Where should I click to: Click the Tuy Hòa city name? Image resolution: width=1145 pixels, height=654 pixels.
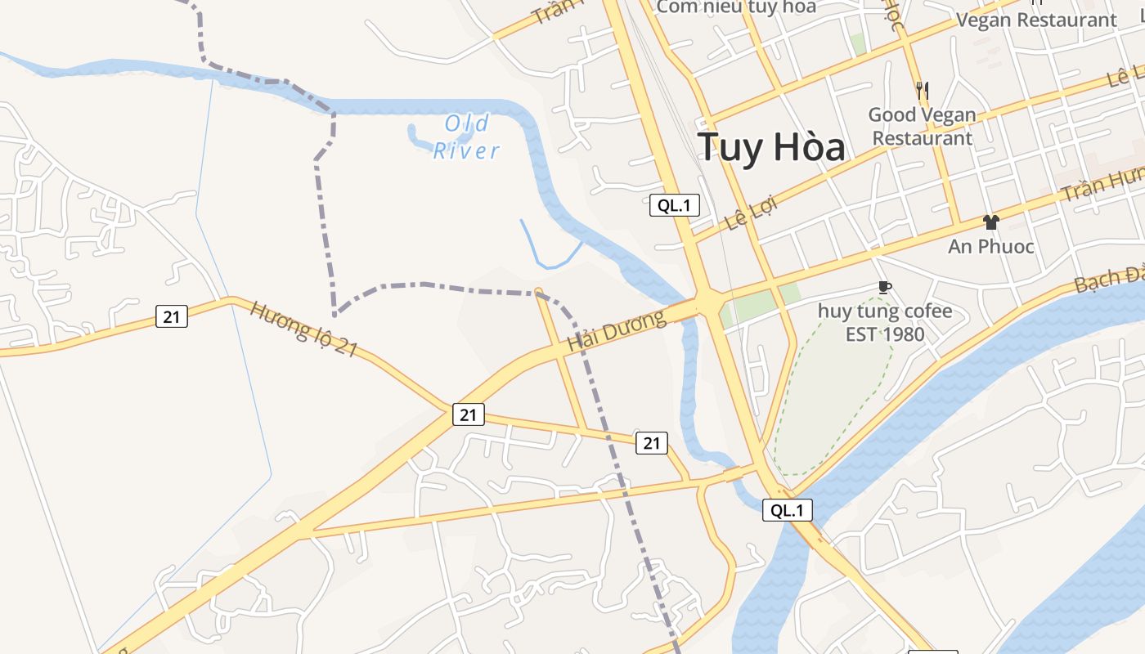pyautogui.click(x=771, y=147)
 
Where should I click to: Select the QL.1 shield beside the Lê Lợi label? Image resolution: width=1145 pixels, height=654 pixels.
pyautogui.click(x=675, y=206)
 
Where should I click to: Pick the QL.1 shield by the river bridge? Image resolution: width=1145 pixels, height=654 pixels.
pyautogui.click(x=788, y=510)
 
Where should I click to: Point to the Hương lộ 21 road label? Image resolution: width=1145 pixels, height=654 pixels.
pyautogui.click(x=303, y=329)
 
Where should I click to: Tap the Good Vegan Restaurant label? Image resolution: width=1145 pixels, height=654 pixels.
pyautogui.click(x=922, y=127)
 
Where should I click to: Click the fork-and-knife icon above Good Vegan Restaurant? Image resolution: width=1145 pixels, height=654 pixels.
pyautogui.click(x=923, y=90)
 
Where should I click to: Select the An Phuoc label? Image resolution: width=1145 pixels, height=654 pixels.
pyautogui.click(x=990, y=246)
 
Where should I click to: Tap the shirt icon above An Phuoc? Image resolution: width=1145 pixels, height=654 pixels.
pyautogui.click(x=990, y=222)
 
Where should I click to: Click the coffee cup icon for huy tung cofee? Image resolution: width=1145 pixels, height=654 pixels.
pyautogui.click(x=884, y=287)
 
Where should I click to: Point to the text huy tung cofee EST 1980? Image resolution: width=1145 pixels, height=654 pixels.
pyautogui.click(x=885, y=322)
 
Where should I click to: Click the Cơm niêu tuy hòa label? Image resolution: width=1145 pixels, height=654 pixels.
pyautogui.click(x=736, y=7)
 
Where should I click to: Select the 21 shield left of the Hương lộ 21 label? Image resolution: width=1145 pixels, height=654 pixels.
pyautogui.click(x=172, y=316)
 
